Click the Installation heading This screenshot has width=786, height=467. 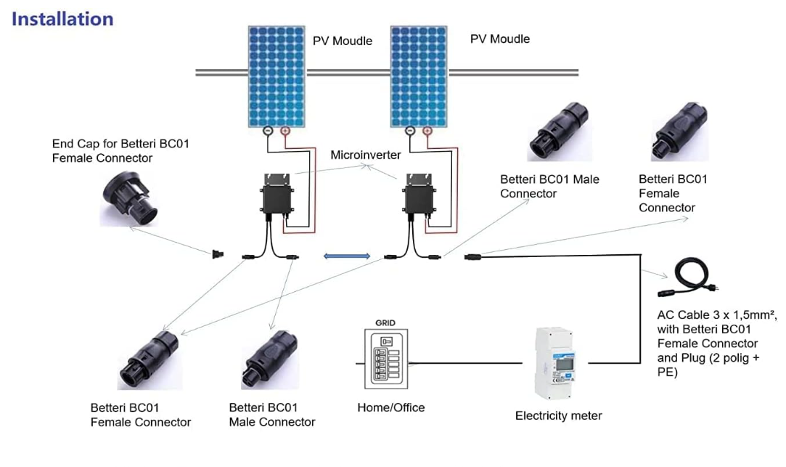click(x=62, y=19)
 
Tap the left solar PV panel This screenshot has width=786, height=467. click(x=277, y=76)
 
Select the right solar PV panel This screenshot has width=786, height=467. click(x=419, y=76)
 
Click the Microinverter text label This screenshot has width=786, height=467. click(x=365, y=155)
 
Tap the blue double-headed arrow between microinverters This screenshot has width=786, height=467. click(x=347, y=256)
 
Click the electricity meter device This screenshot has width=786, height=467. click(x=559, y=363)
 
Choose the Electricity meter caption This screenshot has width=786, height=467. click(x=558, y=416)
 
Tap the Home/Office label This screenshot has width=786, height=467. click(x=390, y=407)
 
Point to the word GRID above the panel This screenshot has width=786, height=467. click(x=385, y=322)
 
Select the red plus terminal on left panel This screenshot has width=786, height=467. click(x=284, y=131)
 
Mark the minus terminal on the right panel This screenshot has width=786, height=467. click(x=410, y=131)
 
